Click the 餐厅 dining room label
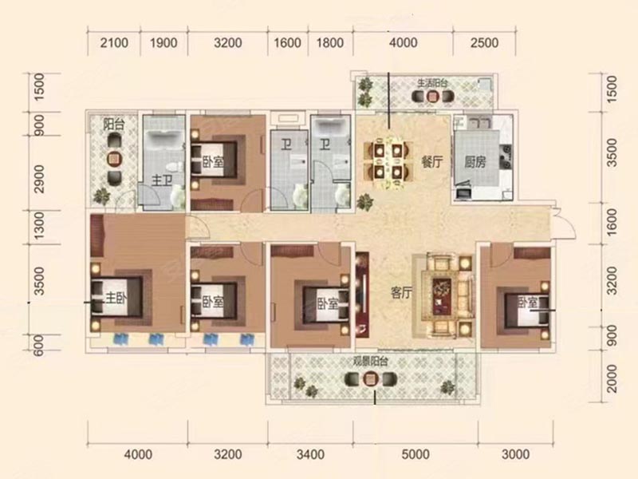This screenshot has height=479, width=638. click(432, 162)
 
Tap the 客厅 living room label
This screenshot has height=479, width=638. click(401, 292)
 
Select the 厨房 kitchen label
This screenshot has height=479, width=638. click(475, 162)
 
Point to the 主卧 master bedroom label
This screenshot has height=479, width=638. click(116, 299)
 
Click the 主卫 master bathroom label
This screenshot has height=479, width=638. click(162, 180)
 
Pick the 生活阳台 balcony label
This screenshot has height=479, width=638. click(432, 83)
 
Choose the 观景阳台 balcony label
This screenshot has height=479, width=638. click(370, 362)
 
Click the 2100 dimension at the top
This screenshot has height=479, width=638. click(114, 43)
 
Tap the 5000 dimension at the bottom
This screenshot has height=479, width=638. click(415, 454)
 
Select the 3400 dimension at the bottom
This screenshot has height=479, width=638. click(310, 454)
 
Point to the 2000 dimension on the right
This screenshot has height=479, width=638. click(612, 378)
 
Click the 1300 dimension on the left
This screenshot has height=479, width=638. click(38, 225)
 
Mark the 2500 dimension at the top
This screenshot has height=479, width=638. click(484, 43)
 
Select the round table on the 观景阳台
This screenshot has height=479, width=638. click(370, 380)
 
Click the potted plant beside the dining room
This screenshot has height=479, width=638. click(365, 202)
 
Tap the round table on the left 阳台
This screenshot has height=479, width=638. click(115, 159)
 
